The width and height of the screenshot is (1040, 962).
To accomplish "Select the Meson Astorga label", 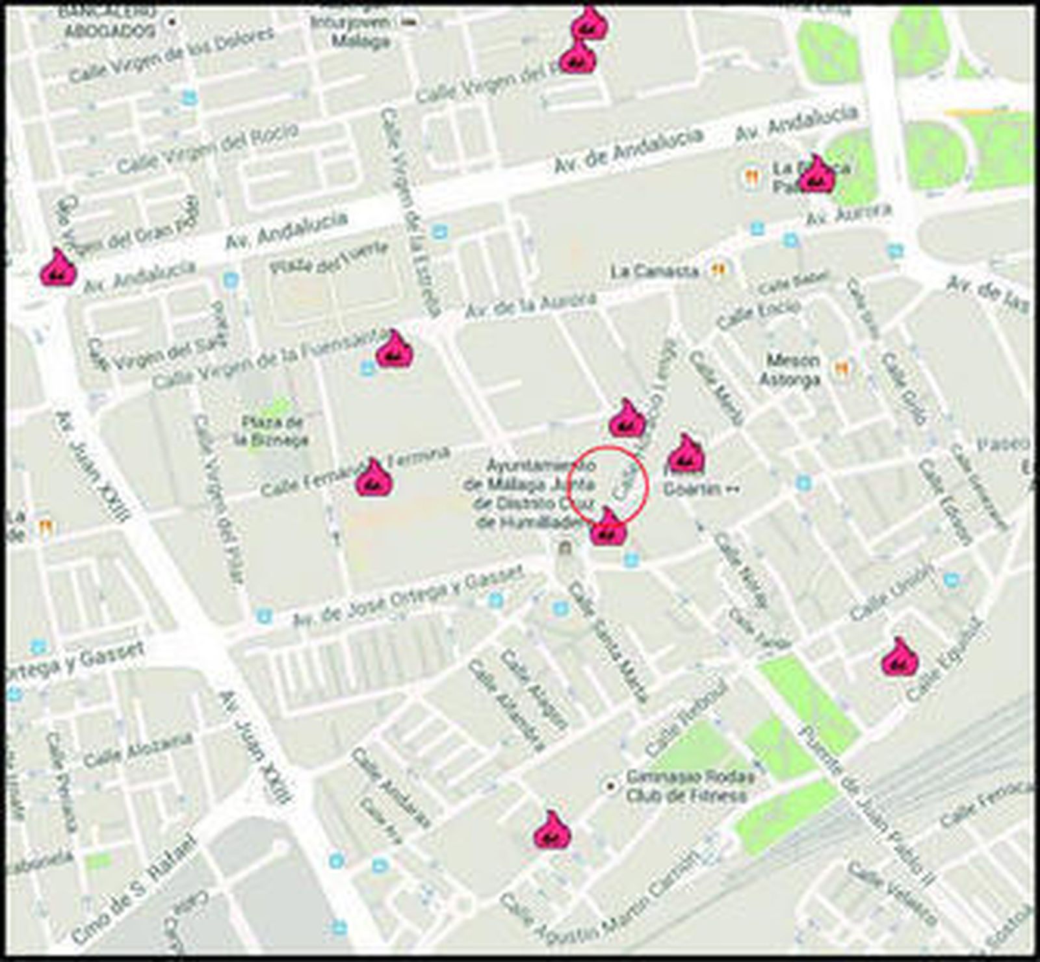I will pyautogui.click(x=789, y=370).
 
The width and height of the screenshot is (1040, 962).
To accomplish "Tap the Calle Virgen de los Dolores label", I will pyautogui.click(x=172, y=56).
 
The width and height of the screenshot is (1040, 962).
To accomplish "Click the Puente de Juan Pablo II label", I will pyautogui.click(x=868, y=805).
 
